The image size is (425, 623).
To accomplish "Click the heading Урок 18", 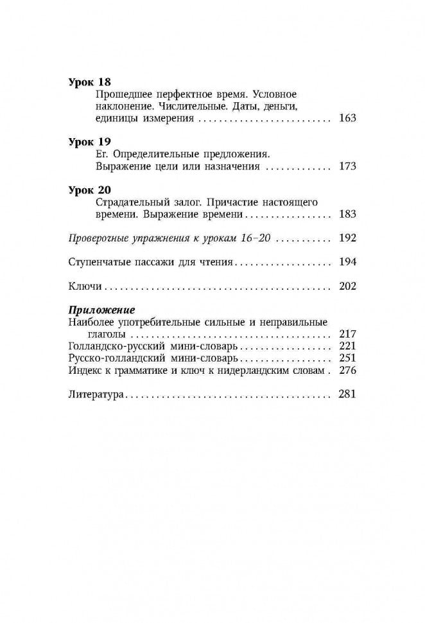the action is coord(89,82).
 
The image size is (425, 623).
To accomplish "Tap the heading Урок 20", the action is coord(89,190).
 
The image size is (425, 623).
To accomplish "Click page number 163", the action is coord(346,118).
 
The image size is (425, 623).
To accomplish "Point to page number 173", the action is coord(346,166).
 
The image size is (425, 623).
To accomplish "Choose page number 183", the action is coord(346,214).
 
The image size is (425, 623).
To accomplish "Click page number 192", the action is coord(346,238).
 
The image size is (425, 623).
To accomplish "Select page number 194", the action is coord(346,261).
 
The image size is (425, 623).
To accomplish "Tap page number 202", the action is coord(346,286).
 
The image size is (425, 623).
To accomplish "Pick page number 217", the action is coord(346,335).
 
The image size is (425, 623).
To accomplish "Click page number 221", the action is coord(346,346).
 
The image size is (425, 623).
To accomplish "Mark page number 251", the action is coord(346,358).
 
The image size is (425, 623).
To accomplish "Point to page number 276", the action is coord(346,371).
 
